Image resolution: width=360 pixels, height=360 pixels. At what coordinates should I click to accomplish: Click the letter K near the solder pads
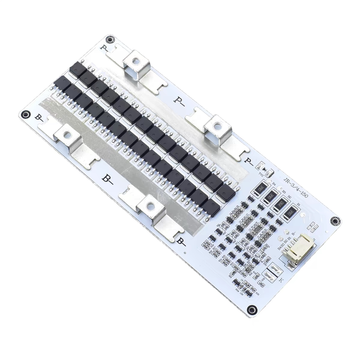click(281, 280)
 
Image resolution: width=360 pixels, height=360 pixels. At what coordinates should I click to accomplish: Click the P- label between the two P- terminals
click(180, 101)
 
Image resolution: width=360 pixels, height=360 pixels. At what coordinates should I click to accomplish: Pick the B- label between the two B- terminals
click(107, 179)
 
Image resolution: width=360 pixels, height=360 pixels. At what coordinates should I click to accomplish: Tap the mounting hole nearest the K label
click(253, 309)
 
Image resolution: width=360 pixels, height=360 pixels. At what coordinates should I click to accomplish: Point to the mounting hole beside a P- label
click(110, 39)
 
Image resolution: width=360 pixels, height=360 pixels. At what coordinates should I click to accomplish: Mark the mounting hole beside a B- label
click(25, 114)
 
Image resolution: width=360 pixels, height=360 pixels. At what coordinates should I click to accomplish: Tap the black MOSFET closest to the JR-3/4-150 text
click(225, 193)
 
